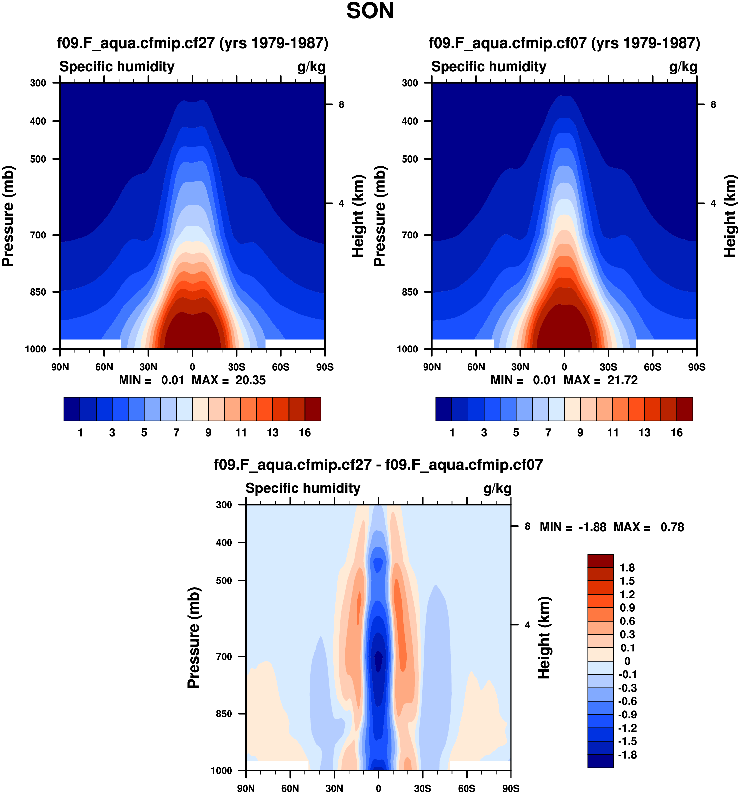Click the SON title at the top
(x=370, y=11)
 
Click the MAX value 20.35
(x=250, y=380)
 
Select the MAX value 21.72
(x=622, y=380)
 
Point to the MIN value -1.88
(x=592, y=527)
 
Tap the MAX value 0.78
(x=672, y=527)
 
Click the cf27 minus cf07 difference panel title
(x=379, y=465)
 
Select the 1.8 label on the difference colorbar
(x=627, y=568)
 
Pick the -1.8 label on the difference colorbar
(x=627, y=755)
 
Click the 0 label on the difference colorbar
(x=627, y=661)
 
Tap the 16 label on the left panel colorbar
(x=305, y=433)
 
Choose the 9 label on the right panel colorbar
(x=580, y=433)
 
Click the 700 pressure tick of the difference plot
(x=224, y=657)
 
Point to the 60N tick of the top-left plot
(x=104, y=367)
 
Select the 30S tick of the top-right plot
(x=608, y=367)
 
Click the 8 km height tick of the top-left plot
(x=341, y=105)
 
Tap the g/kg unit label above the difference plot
(x=497, y=488)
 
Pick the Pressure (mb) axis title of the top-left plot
(x=8, y=216)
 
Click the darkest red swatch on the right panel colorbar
(x=685, y=409)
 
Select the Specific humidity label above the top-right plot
(x=489, y=67)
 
